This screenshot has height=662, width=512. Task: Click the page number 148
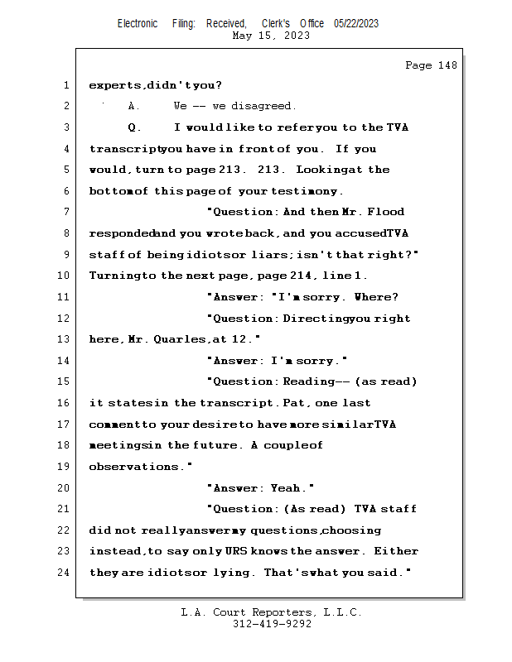click(x=443, y=65)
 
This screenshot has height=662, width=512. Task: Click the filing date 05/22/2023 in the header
click(x=356, y=23)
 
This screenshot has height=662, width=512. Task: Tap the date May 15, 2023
click(x=272, y=36)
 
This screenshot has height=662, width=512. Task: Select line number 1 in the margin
click(x=65, y=85)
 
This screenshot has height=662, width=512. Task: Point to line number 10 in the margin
click(x=63, y=276)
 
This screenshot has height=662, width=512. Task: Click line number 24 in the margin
click(x=63, y=573)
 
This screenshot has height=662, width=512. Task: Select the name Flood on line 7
click(x=387, y=212)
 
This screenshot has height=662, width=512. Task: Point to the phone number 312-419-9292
click(x=272, y=624)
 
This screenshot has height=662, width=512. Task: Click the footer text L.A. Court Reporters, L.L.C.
click(x=272, y=612)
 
